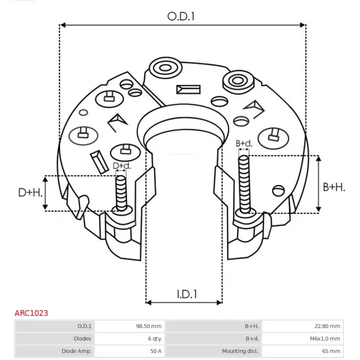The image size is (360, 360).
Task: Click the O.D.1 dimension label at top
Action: pyautogui.click(x=181, y=17)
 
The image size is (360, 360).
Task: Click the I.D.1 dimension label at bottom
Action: pyautogui.click(x=187, y=294)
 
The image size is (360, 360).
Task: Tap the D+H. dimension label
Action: pyautogui.click(x=31, y=193)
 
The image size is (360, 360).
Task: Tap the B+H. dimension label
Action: pyautogui.click(x=334, y=187)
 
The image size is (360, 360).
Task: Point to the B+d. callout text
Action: pyautogui.click(x=244, y=144)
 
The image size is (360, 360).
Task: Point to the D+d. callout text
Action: pyautogui.click(x=121, y=166)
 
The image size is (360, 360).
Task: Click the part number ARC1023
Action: pyautogui.click(x=31, y=313)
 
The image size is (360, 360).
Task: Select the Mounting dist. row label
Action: pyautogui.click(x=240, y=351)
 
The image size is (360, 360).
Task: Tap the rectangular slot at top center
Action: pyautogui.click(x=189, y=89)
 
